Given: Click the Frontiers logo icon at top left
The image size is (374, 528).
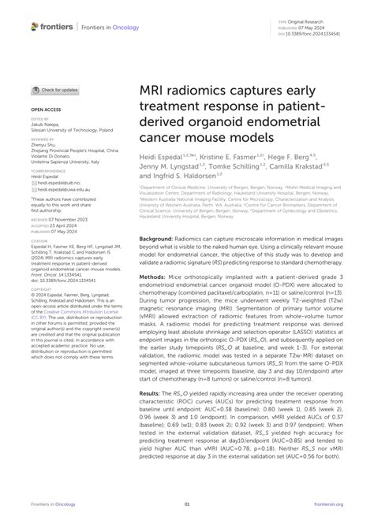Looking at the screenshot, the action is [x=35, y=26].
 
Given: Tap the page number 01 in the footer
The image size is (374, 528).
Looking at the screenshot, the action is [x=187, y=504].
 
